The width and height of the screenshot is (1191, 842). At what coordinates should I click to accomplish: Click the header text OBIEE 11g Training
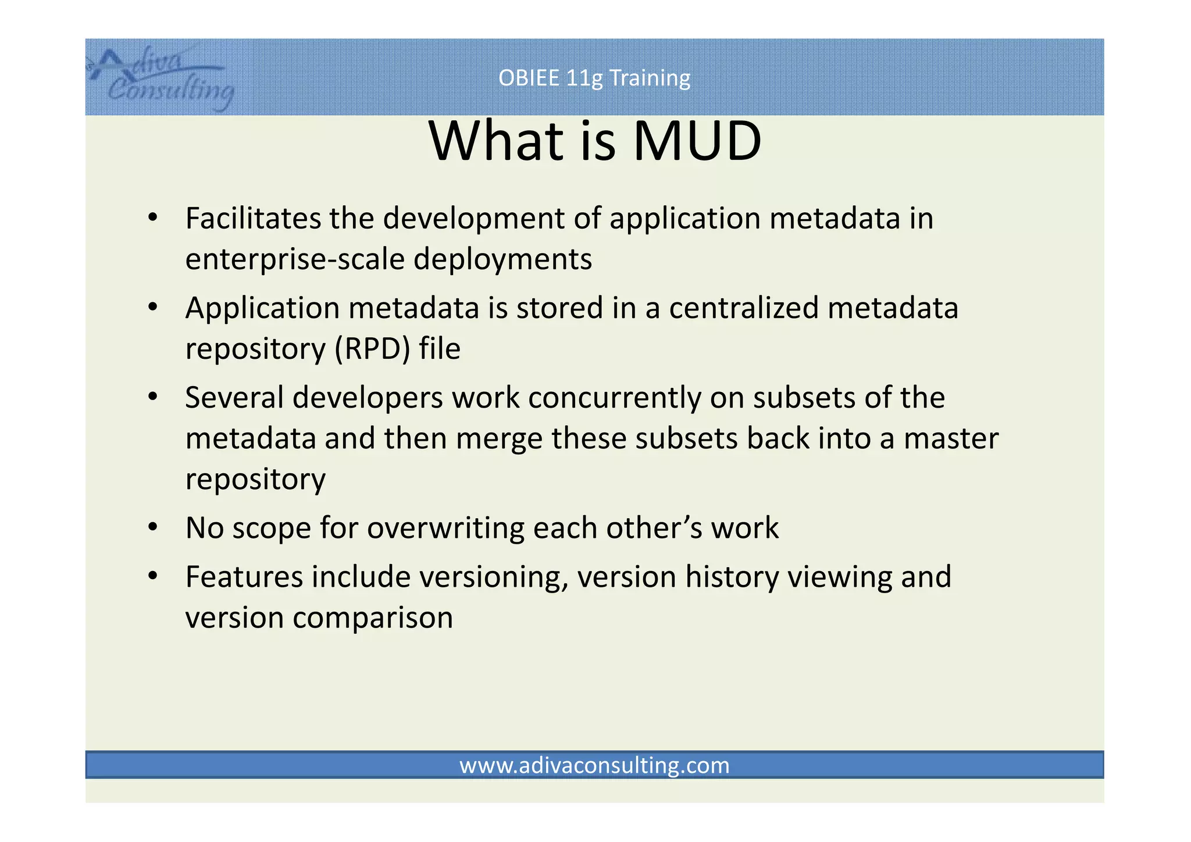pos(594,78)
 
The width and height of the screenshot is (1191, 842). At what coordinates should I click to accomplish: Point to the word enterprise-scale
pos(294,259)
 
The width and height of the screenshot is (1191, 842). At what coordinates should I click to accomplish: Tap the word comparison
pos(373,618)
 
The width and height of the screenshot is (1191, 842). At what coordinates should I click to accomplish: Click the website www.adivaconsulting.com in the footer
pos(594,765)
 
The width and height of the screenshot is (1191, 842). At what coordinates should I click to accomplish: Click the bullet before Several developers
pos(153,397)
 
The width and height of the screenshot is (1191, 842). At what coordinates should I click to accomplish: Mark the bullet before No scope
pos(153,527)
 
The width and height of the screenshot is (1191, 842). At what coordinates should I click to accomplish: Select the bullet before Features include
pos(153,576)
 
